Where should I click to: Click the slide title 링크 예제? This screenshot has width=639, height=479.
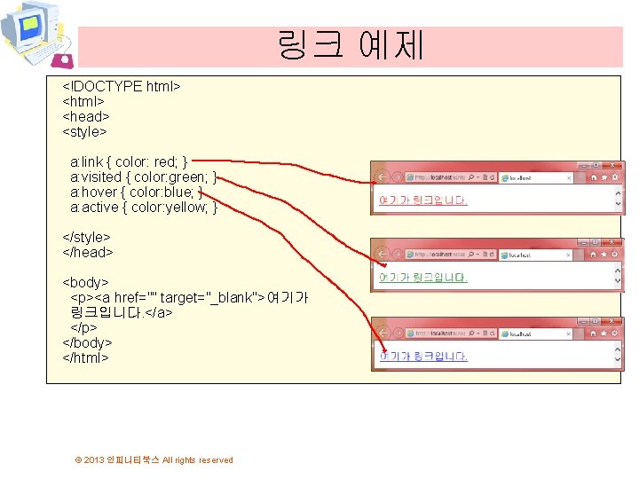point(351,43)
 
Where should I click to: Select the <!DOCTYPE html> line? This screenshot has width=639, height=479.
point(122,86)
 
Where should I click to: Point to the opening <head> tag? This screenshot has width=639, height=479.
point(85,116)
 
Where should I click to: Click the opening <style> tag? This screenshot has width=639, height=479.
point(84,131)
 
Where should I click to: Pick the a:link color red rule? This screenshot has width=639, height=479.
point(129,162)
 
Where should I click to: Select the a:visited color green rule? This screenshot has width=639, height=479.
point(143,177)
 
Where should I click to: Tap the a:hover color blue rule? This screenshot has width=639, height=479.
point(137,192)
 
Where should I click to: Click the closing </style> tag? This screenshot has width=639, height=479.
point(86,237)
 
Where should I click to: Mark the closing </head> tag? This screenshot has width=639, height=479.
point(87,252)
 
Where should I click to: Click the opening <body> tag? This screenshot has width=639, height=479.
point(85,282)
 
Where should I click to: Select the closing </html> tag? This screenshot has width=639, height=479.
point(85,357)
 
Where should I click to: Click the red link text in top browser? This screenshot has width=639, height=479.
point(422,200)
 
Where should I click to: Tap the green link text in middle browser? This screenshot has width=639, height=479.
point(422,278)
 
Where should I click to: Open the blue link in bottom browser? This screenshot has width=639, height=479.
point(422,357)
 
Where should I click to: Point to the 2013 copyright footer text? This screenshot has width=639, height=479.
point(154,459)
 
